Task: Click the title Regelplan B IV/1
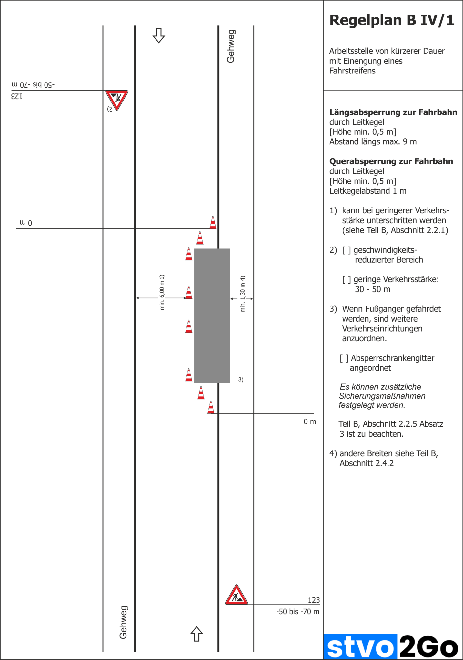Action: pos(392,20)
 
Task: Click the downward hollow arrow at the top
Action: pos(158,35)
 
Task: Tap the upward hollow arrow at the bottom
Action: pos(196,634)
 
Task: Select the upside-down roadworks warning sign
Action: pos(117,99)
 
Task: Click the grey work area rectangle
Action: pos(212,315)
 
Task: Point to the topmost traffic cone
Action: pos(213,222)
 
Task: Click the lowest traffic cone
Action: pos(211,407)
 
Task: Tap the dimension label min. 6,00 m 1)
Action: pos(162,292)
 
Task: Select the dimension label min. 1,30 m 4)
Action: pos(243,294)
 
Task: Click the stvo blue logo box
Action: pos(360,646)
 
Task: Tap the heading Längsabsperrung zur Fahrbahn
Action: pos(393,112)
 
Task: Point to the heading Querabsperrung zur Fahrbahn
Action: pos(391,161)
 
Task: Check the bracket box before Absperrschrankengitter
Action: pos(344,358)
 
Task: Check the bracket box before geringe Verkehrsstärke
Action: pos(347,279)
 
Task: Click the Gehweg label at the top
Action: pos(231,46)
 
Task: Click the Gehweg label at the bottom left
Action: pos(123,622)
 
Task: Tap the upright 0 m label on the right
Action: pos(309,422)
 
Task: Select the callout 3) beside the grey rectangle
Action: pos(241,380)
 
